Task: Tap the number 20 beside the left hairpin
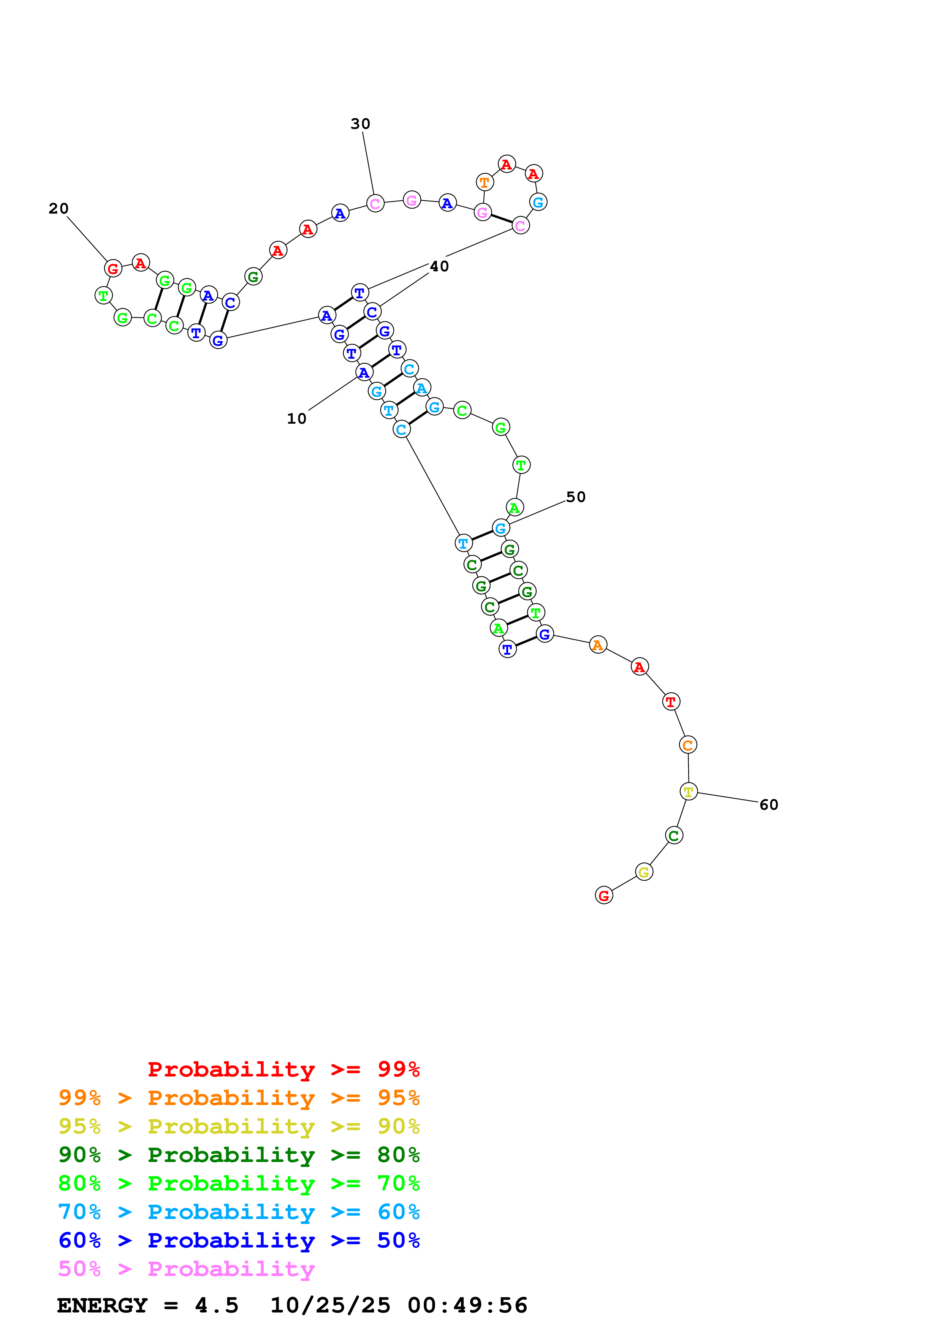tap(59, 209)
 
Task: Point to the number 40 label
tap(439, 266)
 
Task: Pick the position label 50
tap(575, 497)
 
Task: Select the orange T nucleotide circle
tap(484, 182)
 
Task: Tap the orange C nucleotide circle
tap(688, 745)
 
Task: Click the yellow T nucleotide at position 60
tap(689, 791)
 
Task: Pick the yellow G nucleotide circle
tap(644, 872)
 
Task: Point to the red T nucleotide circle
tap(671, 702)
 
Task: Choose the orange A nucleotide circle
tap(598, 645)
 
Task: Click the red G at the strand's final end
tap(604, 896)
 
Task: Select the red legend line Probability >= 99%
tap(283, 1069)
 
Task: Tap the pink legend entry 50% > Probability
tap(186, 1268)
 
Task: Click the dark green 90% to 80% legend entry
tap(239, 1155)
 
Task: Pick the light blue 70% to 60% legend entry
tap(239, 1212)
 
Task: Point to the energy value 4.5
tap(217, 1305)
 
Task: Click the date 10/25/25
tap(330, 1305)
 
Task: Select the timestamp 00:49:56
tap(467, 1305)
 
